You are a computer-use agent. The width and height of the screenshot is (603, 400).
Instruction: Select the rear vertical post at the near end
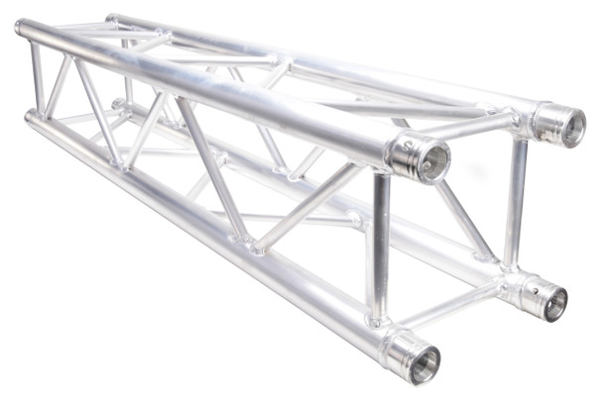515,203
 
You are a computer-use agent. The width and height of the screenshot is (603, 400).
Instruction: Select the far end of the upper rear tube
111,18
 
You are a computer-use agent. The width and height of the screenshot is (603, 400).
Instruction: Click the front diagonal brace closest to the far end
60,84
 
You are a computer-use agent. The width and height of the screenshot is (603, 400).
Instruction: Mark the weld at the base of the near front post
376,319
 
